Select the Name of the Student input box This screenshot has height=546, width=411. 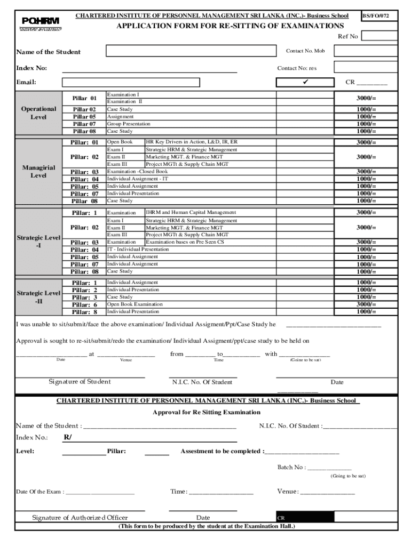point(189,51)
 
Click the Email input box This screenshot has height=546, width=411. point(131,82)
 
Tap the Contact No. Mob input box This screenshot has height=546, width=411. point(365,51)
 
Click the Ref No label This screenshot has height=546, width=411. point(347,36)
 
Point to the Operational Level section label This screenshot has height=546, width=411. point(38,113)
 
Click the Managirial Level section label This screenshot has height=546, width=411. point(38,172)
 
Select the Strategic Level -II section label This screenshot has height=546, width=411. point(38,297)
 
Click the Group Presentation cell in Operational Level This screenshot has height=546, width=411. point(129,124)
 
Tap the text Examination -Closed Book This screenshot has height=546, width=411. point(138,172)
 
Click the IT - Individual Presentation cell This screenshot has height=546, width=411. point(138,250)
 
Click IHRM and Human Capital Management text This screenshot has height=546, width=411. point(184,213)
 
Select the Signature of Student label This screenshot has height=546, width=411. point(80,382)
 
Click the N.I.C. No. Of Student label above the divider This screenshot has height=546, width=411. point(202,382)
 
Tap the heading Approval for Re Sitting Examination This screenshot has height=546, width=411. point(207,412)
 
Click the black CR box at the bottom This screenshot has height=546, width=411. point(304,518)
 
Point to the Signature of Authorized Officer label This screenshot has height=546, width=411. point(80,518)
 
